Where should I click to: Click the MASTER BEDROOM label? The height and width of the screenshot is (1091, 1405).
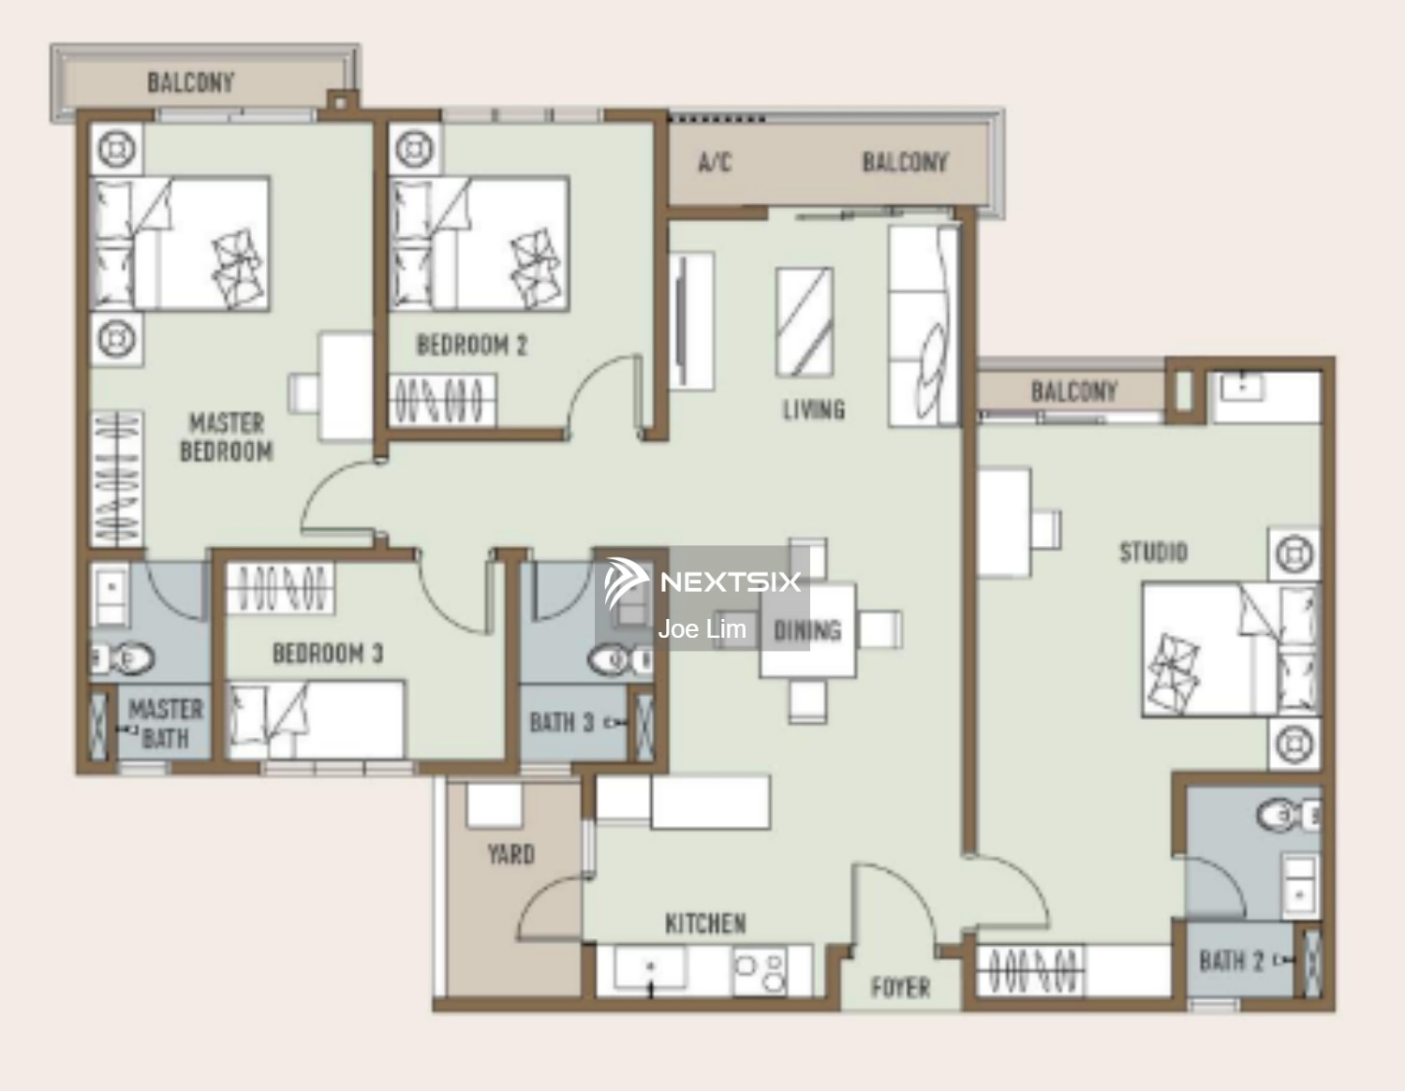point(227,437)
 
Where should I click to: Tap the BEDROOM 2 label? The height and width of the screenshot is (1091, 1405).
point(472,346)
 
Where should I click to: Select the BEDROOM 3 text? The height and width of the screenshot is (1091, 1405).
point(328,654)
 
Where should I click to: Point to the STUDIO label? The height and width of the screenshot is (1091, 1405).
point(1153,552)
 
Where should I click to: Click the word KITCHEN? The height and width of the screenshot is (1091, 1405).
point(705,923)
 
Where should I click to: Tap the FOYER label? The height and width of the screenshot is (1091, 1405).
point(901,988)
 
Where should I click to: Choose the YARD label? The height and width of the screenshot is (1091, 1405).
point(510,854)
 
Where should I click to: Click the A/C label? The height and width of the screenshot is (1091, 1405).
point(715,162)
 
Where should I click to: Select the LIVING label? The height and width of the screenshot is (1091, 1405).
point(814,409)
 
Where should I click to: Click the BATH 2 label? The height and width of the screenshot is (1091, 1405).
point(1231,961)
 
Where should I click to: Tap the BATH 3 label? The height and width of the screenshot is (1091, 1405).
point(561,722)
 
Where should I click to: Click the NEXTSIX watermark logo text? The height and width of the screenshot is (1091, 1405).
point(731,582)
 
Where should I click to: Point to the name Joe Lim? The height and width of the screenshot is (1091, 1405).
point(702,629)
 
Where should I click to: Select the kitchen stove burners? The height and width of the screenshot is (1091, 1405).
point(761,970)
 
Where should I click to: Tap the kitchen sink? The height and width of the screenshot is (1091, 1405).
point(650,967)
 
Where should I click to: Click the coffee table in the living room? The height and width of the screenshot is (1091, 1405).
point(805,322)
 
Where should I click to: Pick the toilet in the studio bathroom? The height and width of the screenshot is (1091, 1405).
point(1288,816)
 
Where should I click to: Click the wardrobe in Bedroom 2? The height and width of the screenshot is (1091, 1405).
point(442,400)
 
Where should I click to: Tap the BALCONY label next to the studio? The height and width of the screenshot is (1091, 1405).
point(1074,391)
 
